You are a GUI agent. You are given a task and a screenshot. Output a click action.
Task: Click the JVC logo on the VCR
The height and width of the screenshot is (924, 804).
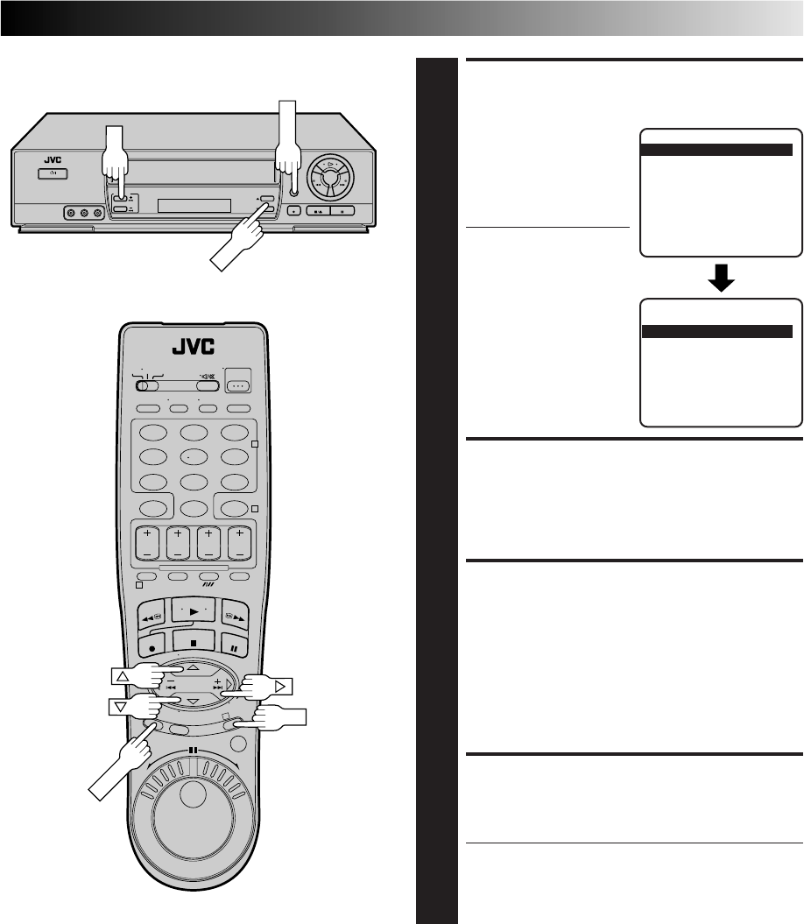tap(53, 159)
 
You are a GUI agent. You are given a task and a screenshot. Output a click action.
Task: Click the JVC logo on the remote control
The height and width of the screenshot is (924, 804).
tap(194, 347)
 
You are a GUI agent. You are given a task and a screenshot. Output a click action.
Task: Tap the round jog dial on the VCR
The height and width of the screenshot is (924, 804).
tap(331, 176)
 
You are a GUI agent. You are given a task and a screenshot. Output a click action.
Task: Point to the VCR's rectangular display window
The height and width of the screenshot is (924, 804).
tap(194, 205)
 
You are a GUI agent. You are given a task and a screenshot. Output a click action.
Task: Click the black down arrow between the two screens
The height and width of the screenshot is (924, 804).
tap(721, 278)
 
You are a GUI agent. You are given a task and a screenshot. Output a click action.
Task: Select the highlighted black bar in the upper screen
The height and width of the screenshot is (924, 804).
tap(716, 150)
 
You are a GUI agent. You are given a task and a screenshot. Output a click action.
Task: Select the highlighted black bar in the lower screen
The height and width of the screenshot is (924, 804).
tap(716, 332)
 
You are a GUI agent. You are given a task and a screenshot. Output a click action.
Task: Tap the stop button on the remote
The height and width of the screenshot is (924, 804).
tap(194, 642)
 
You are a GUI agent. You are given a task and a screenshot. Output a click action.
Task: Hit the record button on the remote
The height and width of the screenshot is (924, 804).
tap(152, 646)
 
